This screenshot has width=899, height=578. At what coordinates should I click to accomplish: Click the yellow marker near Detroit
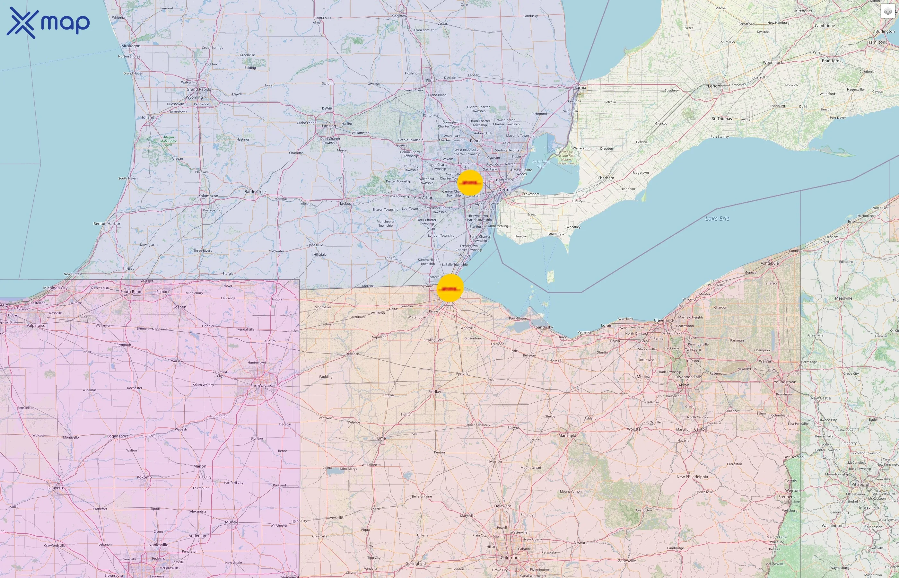470,183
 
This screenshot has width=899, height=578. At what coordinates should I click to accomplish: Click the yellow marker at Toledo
450,288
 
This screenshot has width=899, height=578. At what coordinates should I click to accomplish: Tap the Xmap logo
48,22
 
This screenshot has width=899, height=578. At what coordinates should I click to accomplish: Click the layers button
888,12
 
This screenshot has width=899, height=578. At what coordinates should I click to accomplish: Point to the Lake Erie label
717,219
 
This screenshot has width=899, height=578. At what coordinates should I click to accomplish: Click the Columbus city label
510,557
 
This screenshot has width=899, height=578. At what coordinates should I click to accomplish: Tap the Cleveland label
663,320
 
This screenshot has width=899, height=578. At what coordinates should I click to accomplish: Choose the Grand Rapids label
198,89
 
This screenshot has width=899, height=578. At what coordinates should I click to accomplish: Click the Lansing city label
329,126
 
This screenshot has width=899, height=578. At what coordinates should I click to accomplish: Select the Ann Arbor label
423,197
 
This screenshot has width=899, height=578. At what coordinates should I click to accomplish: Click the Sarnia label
580,87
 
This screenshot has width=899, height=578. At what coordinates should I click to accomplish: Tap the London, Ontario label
715,86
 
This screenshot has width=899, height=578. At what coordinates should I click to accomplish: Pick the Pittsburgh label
860,484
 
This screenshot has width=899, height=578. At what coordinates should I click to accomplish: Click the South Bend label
131,292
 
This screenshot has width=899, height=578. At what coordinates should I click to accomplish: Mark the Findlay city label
434,391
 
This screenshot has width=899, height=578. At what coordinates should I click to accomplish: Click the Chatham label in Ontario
606,178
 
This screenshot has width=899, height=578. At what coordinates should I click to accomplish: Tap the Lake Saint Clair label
541,164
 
